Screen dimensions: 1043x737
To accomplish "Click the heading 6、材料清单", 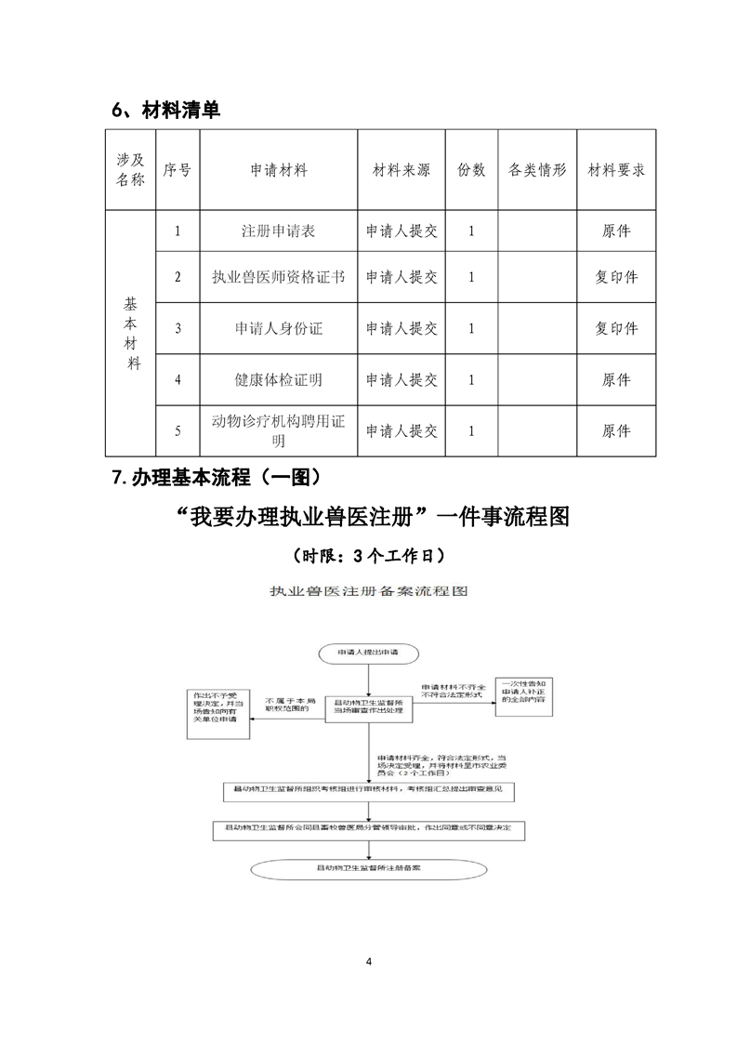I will (x=166, y=110).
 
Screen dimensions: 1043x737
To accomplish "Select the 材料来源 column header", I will (x=401, y=171).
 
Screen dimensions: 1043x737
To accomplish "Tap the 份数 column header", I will (x=471, y=171).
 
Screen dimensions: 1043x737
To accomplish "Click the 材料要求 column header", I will (x=616, y=171).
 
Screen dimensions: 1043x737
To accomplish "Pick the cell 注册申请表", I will (x=279, y=231).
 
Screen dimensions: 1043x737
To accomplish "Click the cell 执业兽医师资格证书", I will (x=279, y=277).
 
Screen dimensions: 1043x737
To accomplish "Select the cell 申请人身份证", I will (x=279, y=328).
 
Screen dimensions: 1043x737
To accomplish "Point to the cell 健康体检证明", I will (x=279, y=379).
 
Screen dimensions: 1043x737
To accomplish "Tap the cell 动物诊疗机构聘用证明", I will (x=279, y=431).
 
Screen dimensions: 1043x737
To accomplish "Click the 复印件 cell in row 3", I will (x=616, y=328).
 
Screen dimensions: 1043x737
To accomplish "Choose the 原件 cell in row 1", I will (x=616, y=231).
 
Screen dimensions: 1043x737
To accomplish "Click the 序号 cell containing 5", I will (x=178, y=431).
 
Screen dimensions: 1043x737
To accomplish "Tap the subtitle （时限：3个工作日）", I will (x=368, y=556).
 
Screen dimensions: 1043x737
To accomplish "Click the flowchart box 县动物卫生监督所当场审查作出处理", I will (x=369, y=708).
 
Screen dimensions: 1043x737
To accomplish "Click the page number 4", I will (x=369, y=961).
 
